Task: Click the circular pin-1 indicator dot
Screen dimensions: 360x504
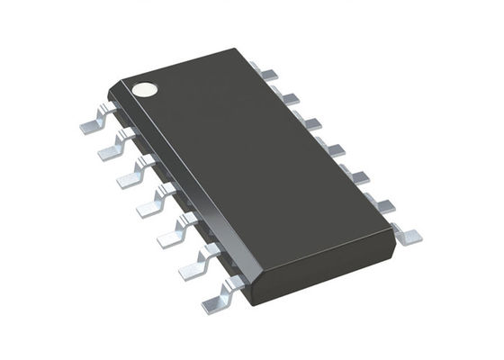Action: click(144, 89)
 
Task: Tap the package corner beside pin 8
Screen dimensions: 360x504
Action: click(393, 232)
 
